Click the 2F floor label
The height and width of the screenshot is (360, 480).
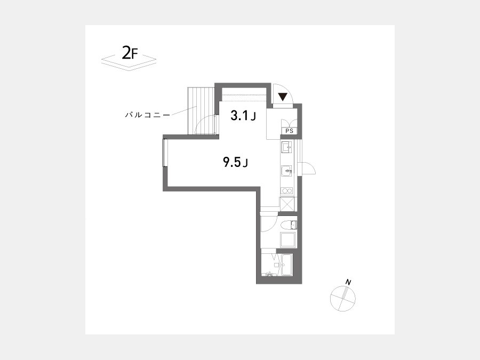130,53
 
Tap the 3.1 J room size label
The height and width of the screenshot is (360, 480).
243,116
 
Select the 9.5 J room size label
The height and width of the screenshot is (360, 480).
235,162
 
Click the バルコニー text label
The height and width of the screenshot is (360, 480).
147,115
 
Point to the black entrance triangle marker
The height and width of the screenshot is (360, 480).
283,97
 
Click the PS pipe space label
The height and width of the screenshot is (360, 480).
289,131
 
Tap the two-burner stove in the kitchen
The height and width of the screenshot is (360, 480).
287,191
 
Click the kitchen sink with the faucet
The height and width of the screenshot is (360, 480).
286,170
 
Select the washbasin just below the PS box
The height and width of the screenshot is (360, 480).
286,148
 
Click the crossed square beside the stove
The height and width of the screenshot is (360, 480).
287,204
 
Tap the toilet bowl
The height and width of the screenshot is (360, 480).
289,225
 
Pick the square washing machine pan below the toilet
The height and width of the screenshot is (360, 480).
288,241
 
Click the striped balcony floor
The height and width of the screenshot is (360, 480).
200,111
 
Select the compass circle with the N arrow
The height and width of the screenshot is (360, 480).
343,299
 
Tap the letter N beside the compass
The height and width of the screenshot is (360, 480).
348,282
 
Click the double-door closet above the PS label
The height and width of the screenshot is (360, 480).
289,122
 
